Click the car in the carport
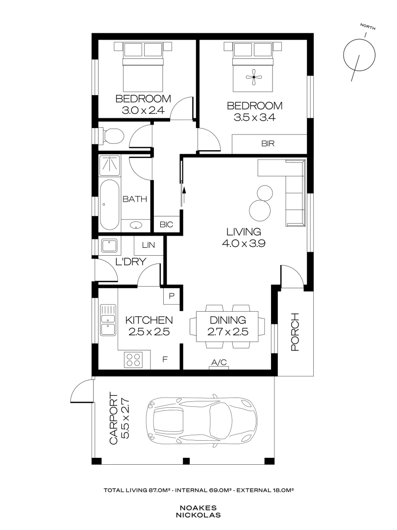[x=201, y=420]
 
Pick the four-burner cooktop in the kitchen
[x=133, y=360]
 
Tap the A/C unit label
[x=219, y=363]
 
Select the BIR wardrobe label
[x=268, y=144]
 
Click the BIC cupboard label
[x=167, y=225]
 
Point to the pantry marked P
[x=172, y=296]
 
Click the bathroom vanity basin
[x=136, y=225]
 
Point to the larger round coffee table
[x=260, y=211]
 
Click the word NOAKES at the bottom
[x=198, y=508]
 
